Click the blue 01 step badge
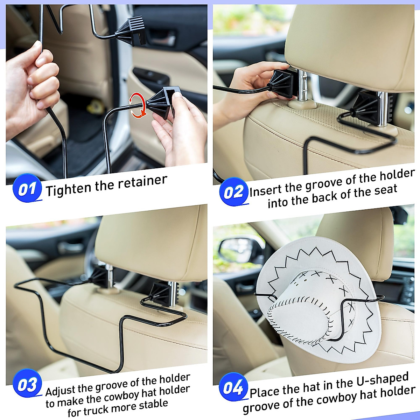click(x=27, y=189)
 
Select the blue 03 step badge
click(x=27, y=385)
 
